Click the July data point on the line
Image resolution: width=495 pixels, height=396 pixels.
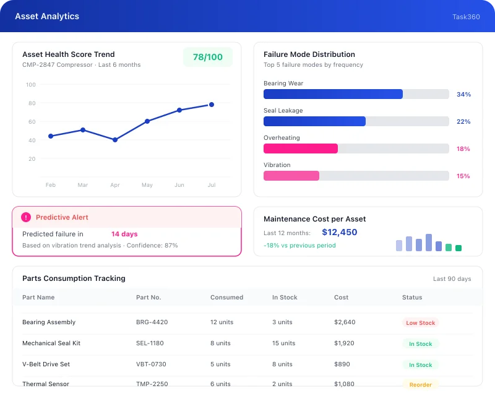tap(212, 105)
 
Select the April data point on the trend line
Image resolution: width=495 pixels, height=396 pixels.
tap(115, 140)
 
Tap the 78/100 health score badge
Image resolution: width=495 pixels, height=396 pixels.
tap(208, 57)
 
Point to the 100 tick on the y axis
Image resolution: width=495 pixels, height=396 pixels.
tap(31, 85)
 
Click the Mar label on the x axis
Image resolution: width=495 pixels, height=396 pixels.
tap(83, 185)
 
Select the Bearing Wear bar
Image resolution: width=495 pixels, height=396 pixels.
tap(333, 94)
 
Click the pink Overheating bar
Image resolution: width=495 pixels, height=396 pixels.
tap(301, 148)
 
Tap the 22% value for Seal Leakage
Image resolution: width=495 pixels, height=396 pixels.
tap(463, 122)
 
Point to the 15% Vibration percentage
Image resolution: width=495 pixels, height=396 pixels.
tap(463, 176)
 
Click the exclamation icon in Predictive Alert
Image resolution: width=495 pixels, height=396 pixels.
tap(26, 217)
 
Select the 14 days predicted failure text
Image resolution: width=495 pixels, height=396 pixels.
tap(124, 235)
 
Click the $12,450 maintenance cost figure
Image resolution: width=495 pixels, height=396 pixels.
tap(340, 233)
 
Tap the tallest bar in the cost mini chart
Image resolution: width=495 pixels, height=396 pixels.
tap(429, 243)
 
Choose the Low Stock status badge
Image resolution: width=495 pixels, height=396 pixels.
tap(420, 323)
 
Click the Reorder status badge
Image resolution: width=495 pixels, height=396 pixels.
tap(420, 385)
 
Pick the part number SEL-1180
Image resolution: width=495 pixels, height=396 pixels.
tap(150, 343)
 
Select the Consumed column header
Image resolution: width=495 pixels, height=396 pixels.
tap(226, 298)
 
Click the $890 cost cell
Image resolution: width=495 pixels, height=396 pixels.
tap(342, 364)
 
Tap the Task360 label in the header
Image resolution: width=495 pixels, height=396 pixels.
tap(466, 17)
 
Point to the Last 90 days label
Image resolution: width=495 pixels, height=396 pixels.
tap(452, 279)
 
